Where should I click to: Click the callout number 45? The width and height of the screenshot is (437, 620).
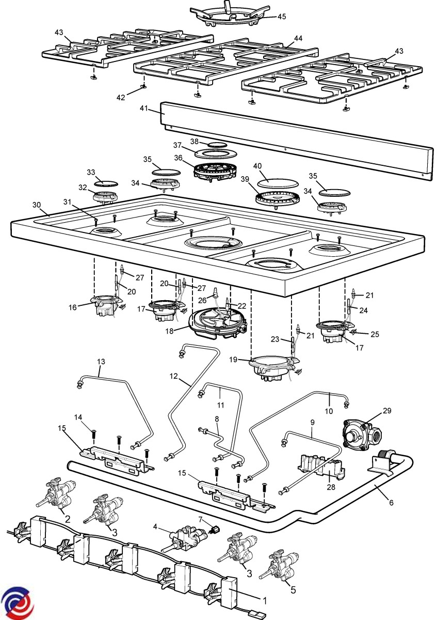tap(281, 17)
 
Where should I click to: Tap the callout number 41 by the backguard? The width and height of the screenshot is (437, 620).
tap(144, 109)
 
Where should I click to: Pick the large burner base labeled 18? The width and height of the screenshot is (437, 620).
tap(217, 323)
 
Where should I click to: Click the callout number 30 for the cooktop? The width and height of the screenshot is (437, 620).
tap(36, 205)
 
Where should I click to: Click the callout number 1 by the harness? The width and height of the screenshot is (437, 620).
tap(265, 601)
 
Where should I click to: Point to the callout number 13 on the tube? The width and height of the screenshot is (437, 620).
tap(101, 361)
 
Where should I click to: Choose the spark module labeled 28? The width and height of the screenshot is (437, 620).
tap(320, 464)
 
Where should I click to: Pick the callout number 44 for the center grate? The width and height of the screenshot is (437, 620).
tap(298, 38)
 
